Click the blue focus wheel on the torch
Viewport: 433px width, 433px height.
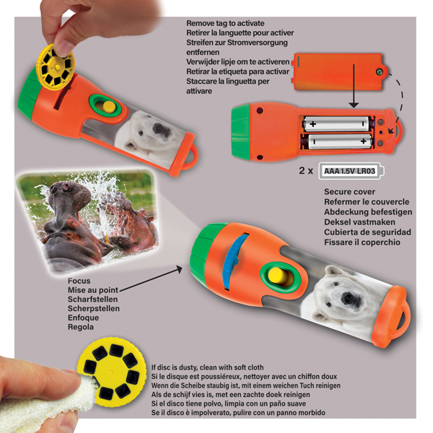click(235, 261)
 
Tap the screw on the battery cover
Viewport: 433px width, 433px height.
click(380, 72)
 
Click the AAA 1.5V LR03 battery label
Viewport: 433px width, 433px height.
click(351, 171)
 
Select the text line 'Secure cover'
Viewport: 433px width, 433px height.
click(349, 192)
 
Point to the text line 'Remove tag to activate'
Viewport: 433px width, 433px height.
click(225, 23)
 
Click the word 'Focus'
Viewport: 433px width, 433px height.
click(79, 281)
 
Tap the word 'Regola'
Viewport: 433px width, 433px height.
click(81, 327)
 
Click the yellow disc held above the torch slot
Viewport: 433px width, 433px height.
click(56, 67)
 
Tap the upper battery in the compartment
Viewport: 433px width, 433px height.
click(336, 123)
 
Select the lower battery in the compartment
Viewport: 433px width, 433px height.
click(340, 141)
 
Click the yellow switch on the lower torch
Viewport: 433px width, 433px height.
click(279, 276)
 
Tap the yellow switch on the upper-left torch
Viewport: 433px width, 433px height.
click(108, 107)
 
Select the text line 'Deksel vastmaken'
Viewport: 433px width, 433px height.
click(359, 222)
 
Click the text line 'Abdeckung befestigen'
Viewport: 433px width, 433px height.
click(368, 212)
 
